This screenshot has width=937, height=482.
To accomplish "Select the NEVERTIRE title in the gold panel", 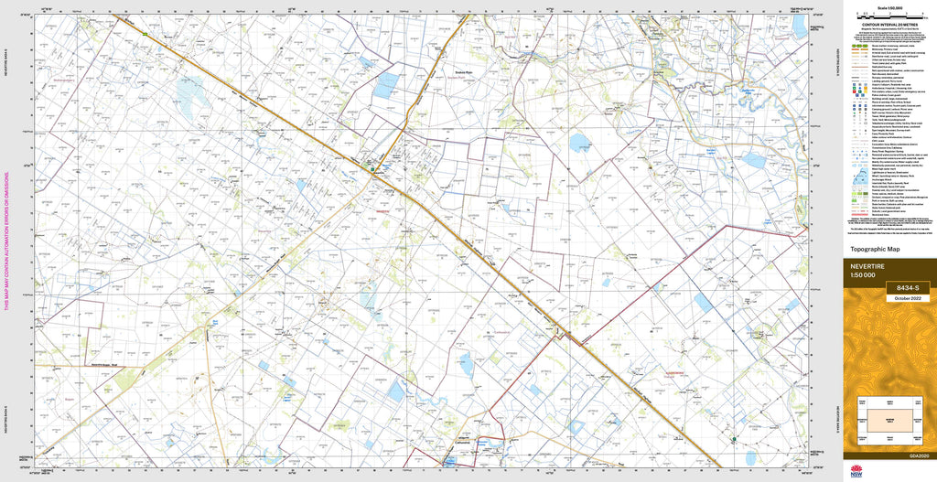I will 871,266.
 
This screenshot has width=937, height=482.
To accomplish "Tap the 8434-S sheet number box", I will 905,288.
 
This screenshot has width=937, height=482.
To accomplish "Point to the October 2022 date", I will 905,298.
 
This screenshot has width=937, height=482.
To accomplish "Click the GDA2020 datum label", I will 919,455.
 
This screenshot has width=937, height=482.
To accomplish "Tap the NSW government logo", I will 856,471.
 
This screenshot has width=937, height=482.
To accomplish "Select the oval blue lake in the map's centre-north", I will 579,142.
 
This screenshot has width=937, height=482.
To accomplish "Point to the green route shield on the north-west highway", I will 144,34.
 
